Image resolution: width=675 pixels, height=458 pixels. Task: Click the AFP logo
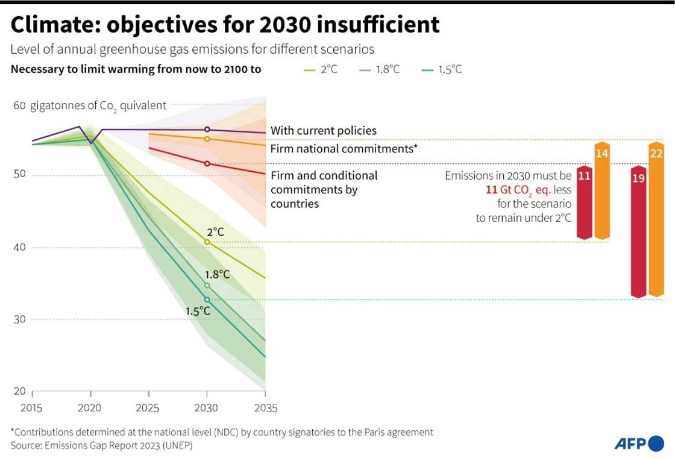coord(639,444)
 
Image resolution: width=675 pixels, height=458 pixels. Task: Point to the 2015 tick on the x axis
coord(31,408)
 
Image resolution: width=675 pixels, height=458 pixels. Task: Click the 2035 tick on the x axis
coord(265,408)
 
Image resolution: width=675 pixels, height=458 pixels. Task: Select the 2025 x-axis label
coord(148,408)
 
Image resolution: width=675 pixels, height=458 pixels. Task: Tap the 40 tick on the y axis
coord(19,247)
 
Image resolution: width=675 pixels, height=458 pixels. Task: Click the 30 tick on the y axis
coord(19,319)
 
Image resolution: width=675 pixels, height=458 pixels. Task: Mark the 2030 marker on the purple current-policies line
coord(207,130)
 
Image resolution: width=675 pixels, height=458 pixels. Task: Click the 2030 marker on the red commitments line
coord(207,163)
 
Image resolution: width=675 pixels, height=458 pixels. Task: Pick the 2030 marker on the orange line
coord(207,139)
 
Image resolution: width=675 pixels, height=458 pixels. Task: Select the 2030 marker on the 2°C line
coord(207,242)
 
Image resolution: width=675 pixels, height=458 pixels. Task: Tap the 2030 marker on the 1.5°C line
coord(207,300)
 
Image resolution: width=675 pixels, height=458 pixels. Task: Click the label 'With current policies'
coord(323,130)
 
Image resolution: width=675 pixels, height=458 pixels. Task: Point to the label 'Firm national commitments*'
coord(344,148)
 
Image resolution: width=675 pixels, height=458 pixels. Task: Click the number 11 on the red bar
coord(583,176)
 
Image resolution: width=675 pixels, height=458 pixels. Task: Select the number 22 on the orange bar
coord(656,153)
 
